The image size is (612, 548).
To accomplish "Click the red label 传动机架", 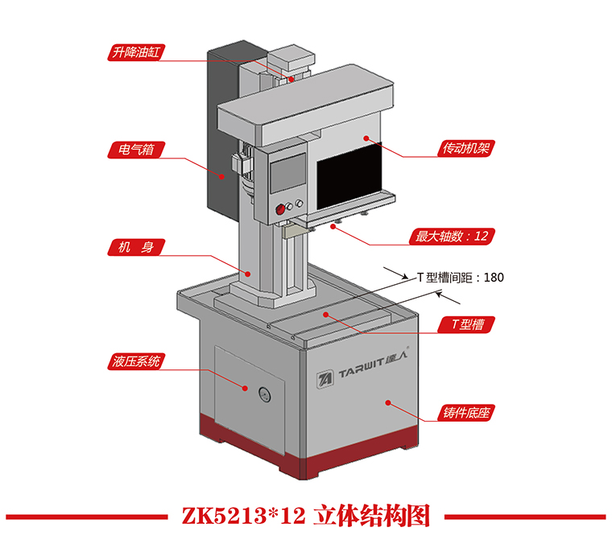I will coord(466,148).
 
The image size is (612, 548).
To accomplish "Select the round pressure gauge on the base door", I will coord(263,393).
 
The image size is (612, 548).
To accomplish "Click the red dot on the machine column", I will coord(249,274).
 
